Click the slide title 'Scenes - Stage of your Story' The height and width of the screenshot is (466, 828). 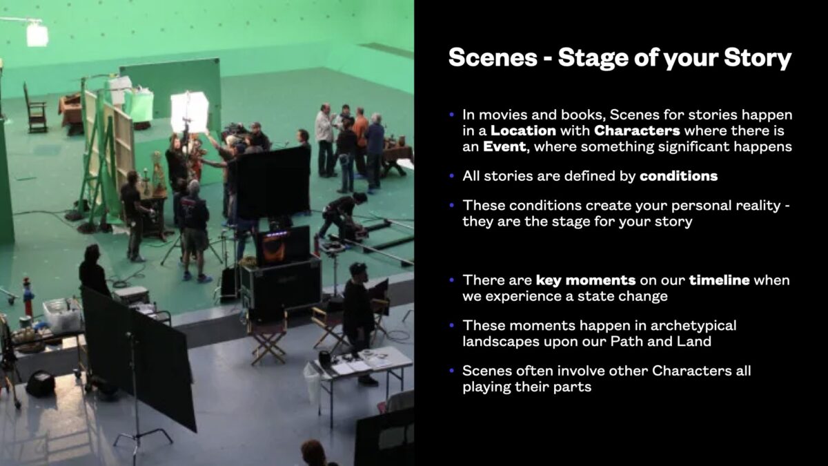pos(620,58)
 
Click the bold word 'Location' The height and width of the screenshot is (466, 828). pos(523,130)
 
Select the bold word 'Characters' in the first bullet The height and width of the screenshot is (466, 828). pos(637,130)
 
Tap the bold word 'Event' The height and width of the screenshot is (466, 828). pos(504,147)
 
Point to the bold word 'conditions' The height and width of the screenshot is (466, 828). pos(679,176)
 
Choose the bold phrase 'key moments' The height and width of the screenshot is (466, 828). pos(586,280)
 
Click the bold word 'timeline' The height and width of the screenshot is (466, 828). pos(719,280)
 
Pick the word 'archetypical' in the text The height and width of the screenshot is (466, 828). pos(693,326)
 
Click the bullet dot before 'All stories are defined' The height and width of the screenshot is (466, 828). pos(451,176)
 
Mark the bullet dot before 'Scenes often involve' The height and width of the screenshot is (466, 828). pos(451,371)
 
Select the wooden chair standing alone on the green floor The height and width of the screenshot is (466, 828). pos(35,108)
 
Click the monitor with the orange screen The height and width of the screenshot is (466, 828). pos(283,246)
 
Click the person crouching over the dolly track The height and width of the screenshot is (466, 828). pos(343,215)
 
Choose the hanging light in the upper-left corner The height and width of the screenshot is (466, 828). pos(37,34)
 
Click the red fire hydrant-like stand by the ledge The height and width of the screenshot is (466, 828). pos(28,297)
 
